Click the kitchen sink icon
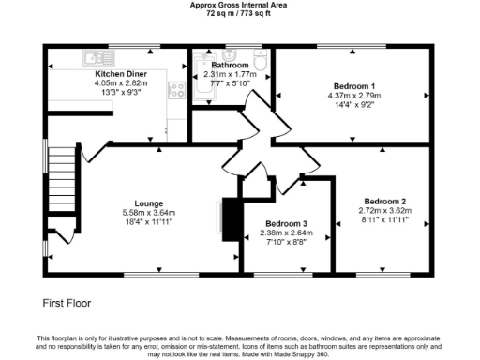point(96,55)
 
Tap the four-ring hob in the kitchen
point(174,90)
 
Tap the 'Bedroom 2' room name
point(384,202)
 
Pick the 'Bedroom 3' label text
point(286,223)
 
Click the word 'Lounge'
point(149,203)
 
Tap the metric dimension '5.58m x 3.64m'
point(149,213)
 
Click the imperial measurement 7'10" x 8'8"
point(286,242)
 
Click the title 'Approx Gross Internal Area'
point(239,5)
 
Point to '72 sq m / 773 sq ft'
point(239,13)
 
